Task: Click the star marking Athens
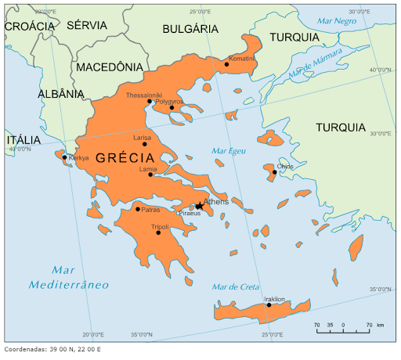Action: [199, 206]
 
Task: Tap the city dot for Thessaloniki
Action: [150, 101]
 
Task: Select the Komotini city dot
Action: [226, 64]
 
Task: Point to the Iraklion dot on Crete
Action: [269, 304]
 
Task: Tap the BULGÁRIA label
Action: [190, 29]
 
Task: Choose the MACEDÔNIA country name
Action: [110, 67]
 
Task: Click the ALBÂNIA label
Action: [60, 94]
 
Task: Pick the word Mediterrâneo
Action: [68, 285]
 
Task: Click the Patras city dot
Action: [138, 209]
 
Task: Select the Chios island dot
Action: [274, 171]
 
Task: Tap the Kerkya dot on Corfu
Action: [64, 157]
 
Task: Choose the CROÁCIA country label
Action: [29, 26]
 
